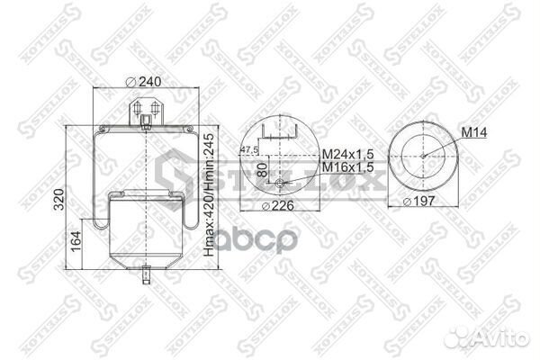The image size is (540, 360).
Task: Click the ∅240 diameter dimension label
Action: click(x=146, y=82)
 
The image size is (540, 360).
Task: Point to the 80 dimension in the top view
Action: click(x=263, y=168)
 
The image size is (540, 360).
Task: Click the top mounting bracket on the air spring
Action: click(x=146, y=112)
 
